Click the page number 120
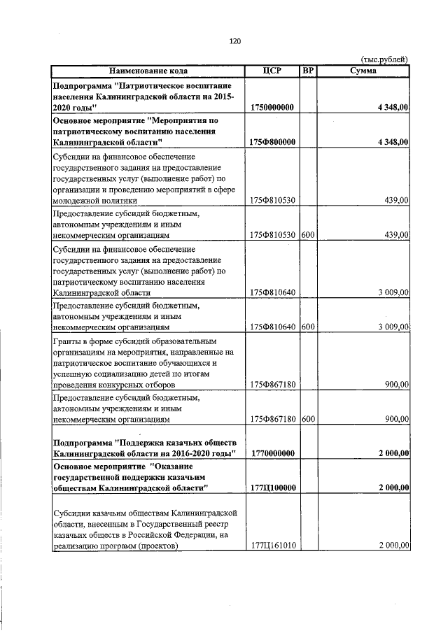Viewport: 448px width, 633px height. coord(235,42)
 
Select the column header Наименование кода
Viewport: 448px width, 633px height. coord(147,71)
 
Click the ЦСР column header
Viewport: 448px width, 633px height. coord(271,71)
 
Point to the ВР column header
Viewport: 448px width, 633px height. coord(307,71)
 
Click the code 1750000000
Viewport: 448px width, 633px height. coord(271,108)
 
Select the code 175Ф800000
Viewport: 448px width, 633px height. coord(271,142)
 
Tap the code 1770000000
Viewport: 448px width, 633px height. coord(271,454)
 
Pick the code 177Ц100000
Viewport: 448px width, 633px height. coord(271,488)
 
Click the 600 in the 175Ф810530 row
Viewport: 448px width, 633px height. coord(307,235)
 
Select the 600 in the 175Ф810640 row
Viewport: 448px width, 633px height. coord(307,327)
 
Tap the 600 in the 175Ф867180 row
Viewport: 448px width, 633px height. coord(307,419)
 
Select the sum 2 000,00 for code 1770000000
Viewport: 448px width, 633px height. coord(393,454)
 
